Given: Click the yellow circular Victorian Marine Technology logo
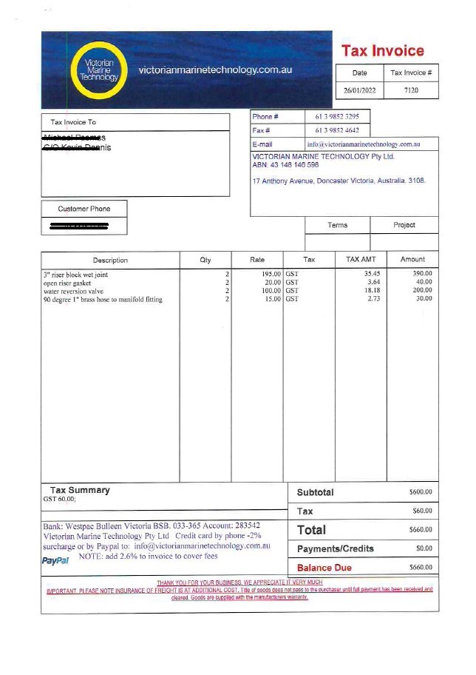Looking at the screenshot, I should tap(98, 70).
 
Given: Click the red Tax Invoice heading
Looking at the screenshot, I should tap(382, 51).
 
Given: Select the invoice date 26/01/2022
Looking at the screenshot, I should tap(359, 90).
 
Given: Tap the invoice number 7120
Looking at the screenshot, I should tap(411, 90).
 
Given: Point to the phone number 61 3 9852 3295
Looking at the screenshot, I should tap(337, 117).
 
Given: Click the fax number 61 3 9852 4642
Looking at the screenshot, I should tap(337, 130).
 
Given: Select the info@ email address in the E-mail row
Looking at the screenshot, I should tap(364, 144).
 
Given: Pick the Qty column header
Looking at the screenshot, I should tap(205, 260).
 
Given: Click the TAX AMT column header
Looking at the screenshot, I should tap(361, 260).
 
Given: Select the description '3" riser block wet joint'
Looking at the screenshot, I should tap(75, 275).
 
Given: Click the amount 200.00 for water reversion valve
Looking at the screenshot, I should tap(423, 291).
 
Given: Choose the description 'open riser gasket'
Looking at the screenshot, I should tap(67, 283).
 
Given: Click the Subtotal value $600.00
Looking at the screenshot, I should tap(420, 492).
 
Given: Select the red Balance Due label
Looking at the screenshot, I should tap(324, 568).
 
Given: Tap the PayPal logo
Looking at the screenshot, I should tap(55, 561).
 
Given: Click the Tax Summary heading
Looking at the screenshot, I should tap(80, 490).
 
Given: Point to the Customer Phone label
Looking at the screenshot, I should tap(84, 209).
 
